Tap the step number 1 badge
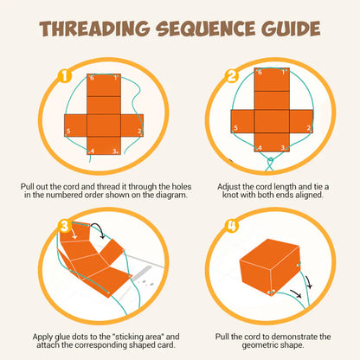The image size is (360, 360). pyautogui.click(x=63, y=76)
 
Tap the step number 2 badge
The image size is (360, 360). pyautogui.click(x=231, y=76)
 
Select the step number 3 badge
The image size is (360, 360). pyautogui.click(x=63, y=227)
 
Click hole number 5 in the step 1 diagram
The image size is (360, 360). pyautogui.click(x=67, y=131)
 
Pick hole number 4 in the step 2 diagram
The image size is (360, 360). pyautogui.click(x=260, y=149)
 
